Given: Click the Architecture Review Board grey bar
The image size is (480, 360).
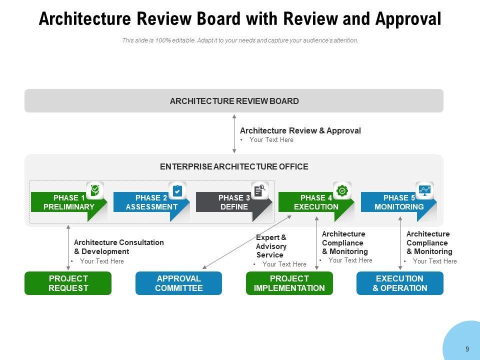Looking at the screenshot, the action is coord(234,100).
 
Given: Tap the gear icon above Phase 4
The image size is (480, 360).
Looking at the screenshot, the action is coord(342,190).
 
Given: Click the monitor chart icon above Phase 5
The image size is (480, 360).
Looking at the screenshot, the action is coord(424,190).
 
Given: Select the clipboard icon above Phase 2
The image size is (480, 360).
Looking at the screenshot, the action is coord(177,190).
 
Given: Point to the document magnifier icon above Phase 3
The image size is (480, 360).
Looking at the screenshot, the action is coord(260,190).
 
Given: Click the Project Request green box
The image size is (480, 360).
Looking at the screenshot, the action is coord(68,283).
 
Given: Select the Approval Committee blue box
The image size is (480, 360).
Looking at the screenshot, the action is coord(179,283).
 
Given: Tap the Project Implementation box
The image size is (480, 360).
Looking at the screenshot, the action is coord(289,283).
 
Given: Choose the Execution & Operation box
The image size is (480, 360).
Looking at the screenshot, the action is coord(400,283).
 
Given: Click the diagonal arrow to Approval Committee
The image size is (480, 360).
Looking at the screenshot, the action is coord(247,242).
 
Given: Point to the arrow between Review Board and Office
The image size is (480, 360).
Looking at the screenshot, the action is coord(234,134).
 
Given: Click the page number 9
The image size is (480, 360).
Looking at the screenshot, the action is coord(467,349).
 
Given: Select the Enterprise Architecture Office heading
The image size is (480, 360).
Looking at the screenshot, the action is coord(234,166).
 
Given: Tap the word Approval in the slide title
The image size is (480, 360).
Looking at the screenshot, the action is coord(408,19).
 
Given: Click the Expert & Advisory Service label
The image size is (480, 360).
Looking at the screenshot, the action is coord(271,246).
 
